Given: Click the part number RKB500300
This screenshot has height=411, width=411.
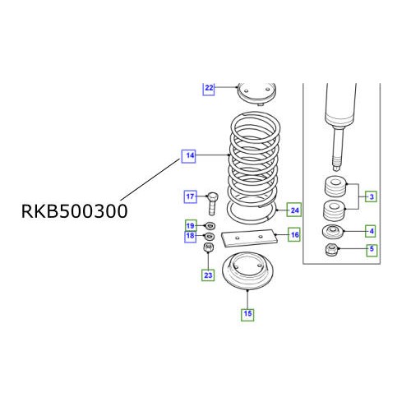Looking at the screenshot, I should pos(74,211).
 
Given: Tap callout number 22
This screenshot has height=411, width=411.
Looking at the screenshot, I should pos(209,87).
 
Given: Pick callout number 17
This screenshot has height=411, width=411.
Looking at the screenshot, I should pos(189,196).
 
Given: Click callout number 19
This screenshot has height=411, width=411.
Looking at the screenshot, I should pos(189,225).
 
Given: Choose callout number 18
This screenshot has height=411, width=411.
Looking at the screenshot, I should pos(189,237).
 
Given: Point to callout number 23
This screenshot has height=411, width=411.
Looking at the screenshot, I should pos(209,275).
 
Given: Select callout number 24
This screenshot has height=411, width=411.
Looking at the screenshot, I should pos(293,209).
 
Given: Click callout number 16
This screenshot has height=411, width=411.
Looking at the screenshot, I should pos(293,235).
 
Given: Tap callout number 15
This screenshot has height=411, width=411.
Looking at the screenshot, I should pos(247,312).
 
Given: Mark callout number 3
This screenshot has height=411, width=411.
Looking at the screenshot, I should pos(372,196).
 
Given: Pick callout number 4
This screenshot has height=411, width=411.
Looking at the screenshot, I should pos(372,231).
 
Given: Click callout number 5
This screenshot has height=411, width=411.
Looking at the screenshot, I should pos(372,251).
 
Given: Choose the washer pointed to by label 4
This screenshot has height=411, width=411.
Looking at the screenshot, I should pos(334,231).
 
